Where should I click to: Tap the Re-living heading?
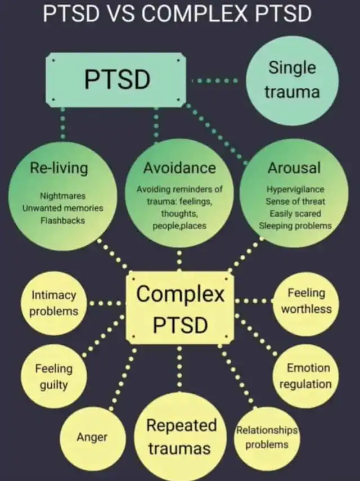point(60,168)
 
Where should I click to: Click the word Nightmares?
point(62,196)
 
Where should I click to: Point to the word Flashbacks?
point(62,221)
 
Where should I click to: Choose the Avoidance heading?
point(179,168)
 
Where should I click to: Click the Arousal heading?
point(294,168)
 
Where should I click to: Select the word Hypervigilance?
point(295,189)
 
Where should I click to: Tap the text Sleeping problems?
point(295,226)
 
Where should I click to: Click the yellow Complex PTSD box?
point(181,308)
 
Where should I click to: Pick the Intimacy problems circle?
point(54,303)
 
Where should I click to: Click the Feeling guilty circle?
point(54,376)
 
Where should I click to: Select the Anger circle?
point(92,437)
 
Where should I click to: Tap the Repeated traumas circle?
point(181,436)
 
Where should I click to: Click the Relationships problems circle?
point(267,437)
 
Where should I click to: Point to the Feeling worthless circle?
point(307,300)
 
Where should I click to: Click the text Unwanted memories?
point(62,208)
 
